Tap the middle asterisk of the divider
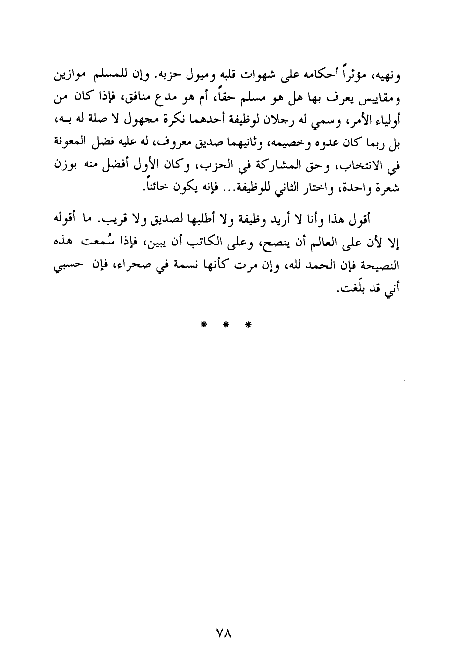(x=224, y=325)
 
